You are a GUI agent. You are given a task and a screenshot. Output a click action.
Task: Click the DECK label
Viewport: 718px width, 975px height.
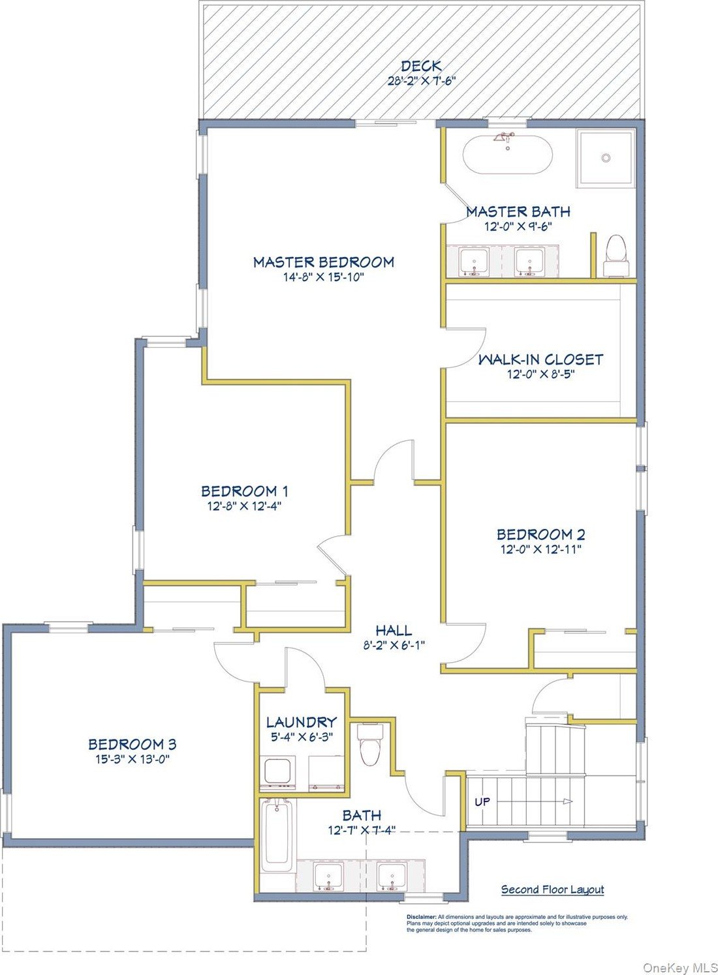coord(421,66)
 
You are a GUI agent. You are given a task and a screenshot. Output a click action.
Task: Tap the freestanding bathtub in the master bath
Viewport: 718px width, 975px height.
coord(507,155)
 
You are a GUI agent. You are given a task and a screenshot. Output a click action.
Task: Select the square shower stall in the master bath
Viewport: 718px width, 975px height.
coord(606,158)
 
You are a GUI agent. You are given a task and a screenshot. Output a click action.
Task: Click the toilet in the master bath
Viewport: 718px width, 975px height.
coord(616,255)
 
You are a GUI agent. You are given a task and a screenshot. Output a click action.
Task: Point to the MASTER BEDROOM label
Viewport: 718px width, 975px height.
coord(324,262)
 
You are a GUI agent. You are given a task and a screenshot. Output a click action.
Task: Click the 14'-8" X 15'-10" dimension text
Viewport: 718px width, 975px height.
coord(323,277)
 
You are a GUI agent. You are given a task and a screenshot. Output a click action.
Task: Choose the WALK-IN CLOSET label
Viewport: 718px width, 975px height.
coord(540,359)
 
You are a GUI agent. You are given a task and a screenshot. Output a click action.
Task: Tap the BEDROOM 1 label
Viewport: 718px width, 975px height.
coord(244,491)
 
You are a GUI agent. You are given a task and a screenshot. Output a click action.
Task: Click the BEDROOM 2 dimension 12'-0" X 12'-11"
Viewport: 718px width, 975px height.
coord(541,549)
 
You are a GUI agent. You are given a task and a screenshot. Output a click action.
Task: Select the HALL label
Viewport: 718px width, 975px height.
coord(394,630)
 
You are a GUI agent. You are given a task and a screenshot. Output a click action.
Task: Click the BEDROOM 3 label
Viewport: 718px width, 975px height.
coord(133,744)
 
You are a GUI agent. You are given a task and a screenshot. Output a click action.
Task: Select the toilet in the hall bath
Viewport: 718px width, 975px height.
coord(369,744)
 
